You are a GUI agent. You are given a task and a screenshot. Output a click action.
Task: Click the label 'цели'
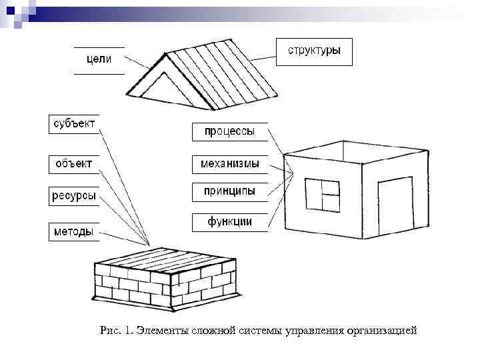[99, 61]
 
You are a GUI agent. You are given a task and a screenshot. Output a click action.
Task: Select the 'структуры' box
[314, 51]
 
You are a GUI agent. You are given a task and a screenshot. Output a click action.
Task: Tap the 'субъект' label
[73, 124]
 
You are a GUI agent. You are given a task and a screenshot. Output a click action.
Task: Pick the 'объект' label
[73, 163]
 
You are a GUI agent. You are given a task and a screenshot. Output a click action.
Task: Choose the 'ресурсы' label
[73, 196]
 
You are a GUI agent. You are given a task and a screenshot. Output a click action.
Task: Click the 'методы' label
[73, 231]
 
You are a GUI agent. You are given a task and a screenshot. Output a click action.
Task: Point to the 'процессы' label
[229, 132]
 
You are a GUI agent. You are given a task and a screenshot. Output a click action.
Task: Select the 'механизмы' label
[229, 163]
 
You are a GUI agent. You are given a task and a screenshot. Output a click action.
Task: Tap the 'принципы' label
[229, 191]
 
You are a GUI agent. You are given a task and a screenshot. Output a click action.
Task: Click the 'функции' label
[229, 222]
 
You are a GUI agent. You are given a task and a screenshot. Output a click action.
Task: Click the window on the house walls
[323, 195]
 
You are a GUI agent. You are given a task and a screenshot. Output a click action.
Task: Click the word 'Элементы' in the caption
[158, 331]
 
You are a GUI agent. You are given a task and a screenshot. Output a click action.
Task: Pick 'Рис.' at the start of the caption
[109, 331]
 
